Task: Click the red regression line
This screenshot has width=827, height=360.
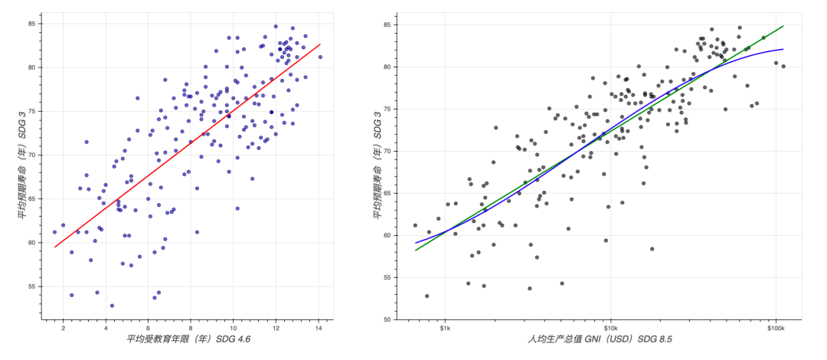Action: tap(188, 146)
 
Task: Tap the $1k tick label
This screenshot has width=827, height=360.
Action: tap(445, 329)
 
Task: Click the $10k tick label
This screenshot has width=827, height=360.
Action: tap(611, 329)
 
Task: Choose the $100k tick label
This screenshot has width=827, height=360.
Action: tap(776, 329)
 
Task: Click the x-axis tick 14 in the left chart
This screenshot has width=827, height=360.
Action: tap(318, 329)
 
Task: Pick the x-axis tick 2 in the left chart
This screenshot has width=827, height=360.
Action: tap(64, 329)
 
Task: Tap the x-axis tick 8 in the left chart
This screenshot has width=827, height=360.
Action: tap(191, 329)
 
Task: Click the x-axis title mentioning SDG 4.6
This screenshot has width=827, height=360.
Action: tap(188, 339)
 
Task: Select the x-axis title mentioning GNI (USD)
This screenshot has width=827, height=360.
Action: tap(599, 339)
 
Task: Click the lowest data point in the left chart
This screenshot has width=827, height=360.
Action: tap(112, 306)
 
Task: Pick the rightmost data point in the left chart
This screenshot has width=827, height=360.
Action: tap(320, 57)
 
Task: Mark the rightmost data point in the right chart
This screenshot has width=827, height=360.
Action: tap(783, 67)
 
